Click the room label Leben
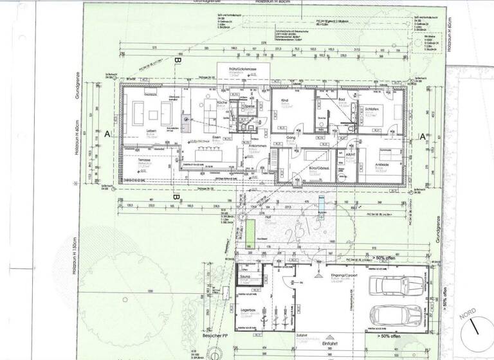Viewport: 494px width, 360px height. click(x=152, y=132)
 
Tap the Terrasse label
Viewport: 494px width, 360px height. click(x=152, y=159)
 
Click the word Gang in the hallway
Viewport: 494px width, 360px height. click(x=290, y=138)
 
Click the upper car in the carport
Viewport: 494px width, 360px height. click(x=395, y=284)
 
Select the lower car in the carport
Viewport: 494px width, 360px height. click(x=395, y=316)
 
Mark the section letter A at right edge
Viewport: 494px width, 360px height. click(x=423, y=136)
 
